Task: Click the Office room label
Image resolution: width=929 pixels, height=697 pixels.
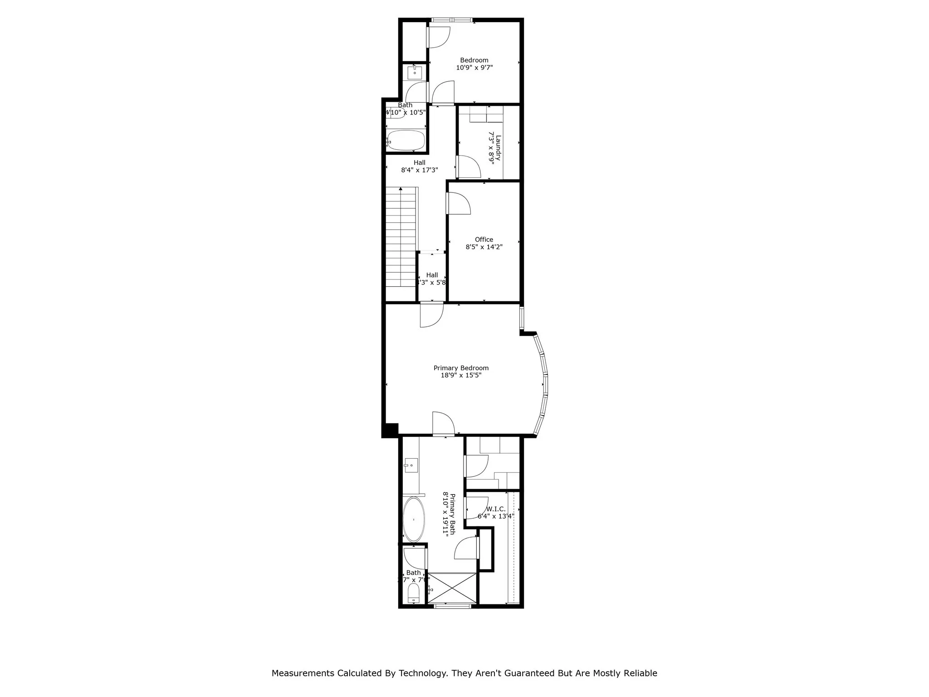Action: (484, 240)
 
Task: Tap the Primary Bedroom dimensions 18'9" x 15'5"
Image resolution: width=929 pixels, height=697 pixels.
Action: (461, 375)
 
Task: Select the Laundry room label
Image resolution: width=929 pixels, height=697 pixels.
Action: (498, 148)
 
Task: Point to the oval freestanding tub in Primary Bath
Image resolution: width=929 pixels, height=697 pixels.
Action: (414, 520)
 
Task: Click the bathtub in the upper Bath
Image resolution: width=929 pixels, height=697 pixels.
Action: (406, 140)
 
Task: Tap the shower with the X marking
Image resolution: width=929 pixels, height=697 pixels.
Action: (452, 588)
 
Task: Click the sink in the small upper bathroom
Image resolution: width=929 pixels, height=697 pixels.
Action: (415, 73)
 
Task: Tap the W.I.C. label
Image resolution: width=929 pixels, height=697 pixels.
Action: (496, 509)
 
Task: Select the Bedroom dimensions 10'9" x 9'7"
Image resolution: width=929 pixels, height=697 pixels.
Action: (474, 68)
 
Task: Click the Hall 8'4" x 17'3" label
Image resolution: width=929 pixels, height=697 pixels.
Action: (419, 166)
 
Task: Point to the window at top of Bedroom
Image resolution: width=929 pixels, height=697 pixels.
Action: (451, 20)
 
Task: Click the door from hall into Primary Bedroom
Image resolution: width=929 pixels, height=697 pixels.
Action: (431, 314)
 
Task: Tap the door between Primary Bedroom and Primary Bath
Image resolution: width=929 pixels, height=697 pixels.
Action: (443, 424)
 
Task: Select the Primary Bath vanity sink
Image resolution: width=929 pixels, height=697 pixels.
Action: (411, 465)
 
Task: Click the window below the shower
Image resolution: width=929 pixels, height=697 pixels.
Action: (452, 605)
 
